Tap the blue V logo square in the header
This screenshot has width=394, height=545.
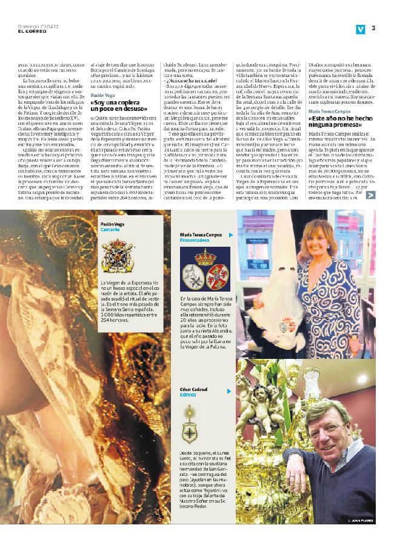(x=361, y=28)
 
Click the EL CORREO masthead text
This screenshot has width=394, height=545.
(x=30, y=32)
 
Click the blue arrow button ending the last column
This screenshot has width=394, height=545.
(x=370, y=195)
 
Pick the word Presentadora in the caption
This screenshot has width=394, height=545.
(x=196, y=239)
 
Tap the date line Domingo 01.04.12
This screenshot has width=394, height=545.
(x=33, y=26)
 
